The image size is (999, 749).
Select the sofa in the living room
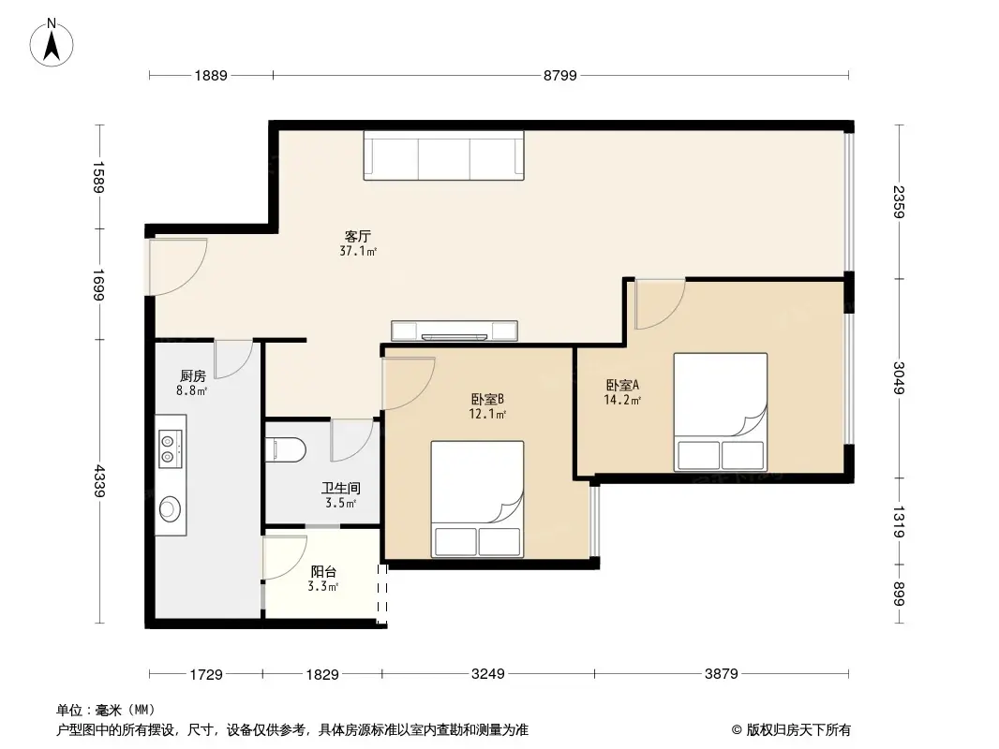click(x=444, y=154)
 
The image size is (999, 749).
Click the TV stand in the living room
click(x=455, y=330)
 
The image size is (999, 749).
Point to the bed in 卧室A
click(x=720, y=412)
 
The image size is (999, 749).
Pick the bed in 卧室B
click(x=476, y=497)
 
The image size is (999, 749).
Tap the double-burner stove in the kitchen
click(x=170, y=447)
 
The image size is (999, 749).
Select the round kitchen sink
click(x=170, y=508)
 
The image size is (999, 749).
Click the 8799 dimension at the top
click(x=560, y=77)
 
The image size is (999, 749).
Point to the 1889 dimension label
click(x=212, y=77)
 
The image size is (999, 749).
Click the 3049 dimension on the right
click(x=898, y=377)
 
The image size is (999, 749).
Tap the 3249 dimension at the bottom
click(x=487, y=674)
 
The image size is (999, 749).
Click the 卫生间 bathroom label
click(x=340, y=488)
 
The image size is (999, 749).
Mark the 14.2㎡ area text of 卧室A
click(x=622, y=400)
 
